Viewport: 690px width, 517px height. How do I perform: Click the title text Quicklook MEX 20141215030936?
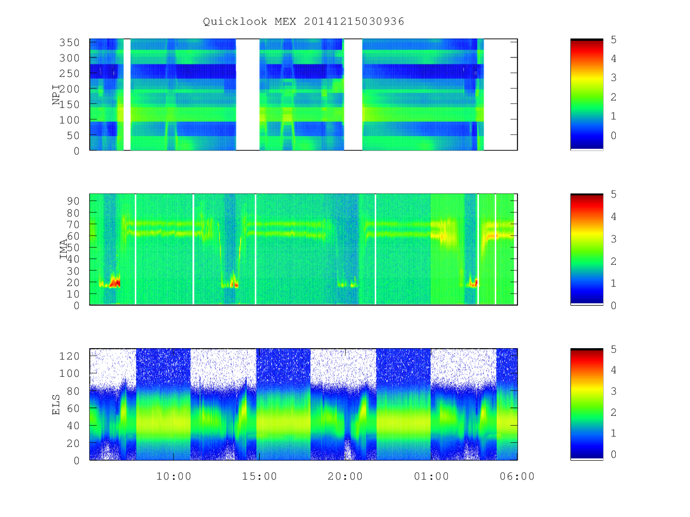tap(304, 21)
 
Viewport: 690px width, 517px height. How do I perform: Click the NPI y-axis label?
tap(56, 95)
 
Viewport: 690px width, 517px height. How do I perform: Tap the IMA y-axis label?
tap(64, 249)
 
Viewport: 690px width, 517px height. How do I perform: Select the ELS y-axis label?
tap(56, 404)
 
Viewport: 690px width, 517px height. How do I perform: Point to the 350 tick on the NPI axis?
tap(70, 43)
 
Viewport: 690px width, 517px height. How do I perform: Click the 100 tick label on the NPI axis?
tap(70, 120)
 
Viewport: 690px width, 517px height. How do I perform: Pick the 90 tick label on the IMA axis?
tap(73, 201)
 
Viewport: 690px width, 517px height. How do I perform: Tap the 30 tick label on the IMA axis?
tap(73, 271)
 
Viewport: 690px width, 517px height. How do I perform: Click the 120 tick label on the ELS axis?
tap(70, 356)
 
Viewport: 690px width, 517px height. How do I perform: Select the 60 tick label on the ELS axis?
tap(73, 408)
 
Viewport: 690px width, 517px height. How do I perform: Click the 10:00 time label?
tap(174, 477)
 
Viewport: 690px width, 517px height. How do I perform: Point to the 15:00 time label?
tap(259, 477)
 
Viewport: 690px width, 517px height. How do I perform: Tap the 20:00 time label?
tap(345, 477)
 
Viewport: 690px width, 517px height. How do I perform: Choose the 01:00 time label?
tap(431, 477)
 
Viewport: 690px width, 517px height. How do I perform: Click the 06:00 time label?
tap(517, 477)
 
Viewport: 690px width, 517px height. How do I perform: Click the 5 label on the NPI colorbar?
tap(614, 40)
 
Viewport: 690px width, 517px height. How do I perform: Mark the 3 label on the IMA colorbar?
tap(614, 239)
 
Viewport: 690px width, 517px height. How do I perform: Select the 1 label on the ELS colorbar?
tap(614, 433)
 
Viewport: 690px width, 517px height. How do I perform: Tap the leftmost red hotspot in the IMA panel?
tap(115, 282)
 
